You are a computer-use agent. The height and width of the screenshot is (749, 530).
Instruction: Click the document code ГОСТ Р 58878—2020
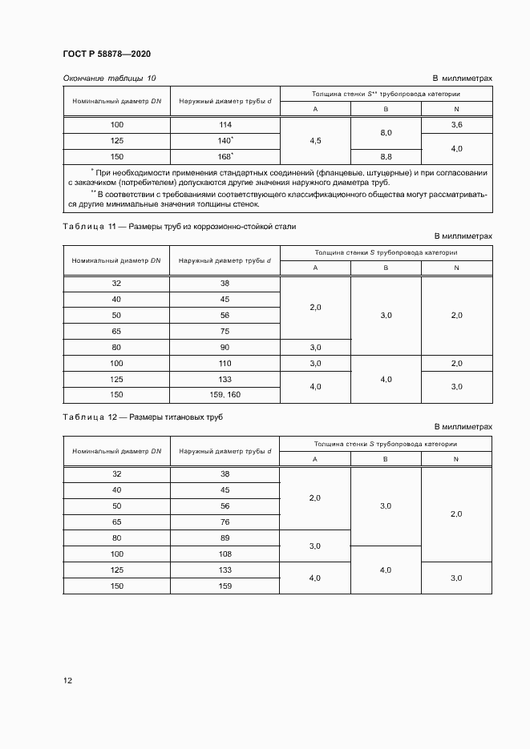107,54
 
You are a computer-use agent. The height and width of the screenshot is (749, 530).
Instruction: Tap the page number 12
67,680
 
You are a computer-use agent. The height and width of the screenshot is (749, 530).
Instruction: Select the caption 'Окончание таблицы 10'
109,78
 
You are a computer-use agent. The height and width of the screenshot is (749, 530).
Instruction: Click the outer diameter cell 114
225,125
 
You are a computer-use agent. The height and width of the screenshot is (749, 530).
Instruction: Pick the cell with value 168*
225,156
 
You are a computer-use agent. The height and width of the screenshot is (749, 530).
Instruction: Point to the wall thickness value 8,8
386,156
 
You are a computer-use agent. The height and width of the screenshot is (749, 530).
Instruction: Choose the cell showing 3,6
456,125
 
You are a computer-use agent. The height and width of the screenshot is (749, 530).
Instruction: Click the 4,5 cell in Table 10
315,141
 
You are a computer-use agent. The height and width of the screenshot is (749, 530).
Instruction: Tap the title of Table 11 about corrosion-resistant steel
179,227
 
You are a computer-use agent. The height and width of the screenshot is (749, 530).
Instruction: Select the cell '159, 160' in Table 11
225,395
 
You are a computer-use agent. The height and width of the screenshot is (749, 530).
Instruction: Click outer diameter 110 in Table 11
225,363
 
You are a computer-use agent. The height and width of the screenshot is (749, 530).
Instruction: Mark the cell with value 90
225,347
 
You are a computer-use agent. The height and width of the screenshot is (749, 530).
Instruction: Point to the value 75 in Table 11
225,331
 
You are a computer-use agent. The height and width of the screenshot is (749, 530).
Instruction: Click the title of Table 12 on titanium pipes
143,418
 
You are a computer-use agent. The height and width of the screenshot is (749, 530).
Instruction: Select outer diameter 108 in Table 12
225,554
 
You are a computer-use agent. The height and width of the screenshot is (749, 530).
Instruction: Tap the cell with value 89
225,538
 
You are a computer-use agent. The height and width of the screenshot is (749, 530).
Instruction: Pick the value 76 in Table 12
225,521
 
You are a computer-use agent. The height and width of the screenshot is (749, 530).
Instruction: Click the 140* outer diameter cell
225,140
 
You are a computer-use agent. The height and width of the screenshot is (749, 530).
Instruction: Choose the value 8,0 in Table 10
386,133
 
